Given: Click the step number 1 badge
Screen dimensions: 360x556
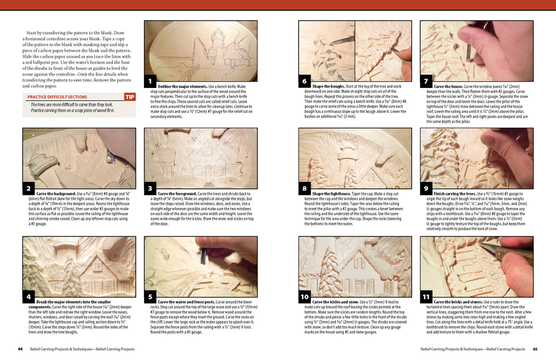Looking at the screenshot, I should tap(150, 83).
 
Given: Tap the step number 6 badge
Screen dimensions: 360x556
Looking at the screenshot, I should tap(304, 82).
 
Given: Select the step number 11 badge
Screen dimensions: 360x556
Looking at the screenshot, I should tap(426, 297).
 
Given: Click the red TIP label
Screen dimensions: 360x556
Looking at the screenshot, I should tap(130, 97).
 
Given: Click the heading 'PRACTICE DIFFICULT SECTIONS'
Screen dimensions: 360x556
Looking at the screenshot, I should tap(57, 97).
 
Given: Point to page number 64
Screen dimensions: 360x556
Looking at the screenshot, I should tap(20, 349).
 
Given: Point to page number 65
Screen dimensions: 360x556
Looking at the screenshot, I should tap(535, 349).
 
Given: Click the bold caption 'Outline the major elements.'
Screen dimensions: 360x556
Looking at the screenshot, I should tap(182, 86).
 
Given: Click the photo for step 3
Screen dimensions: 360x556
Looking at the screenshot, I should tap(200, 158).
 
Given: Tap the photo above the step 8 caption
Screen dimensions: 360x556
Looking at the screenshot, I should tap(355, 158).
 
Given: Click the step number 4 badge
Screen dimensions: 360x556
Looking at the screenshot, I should tap(28, 297).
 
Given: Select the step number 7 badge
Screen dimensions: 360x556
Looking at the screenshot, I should tap(426, 82).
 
